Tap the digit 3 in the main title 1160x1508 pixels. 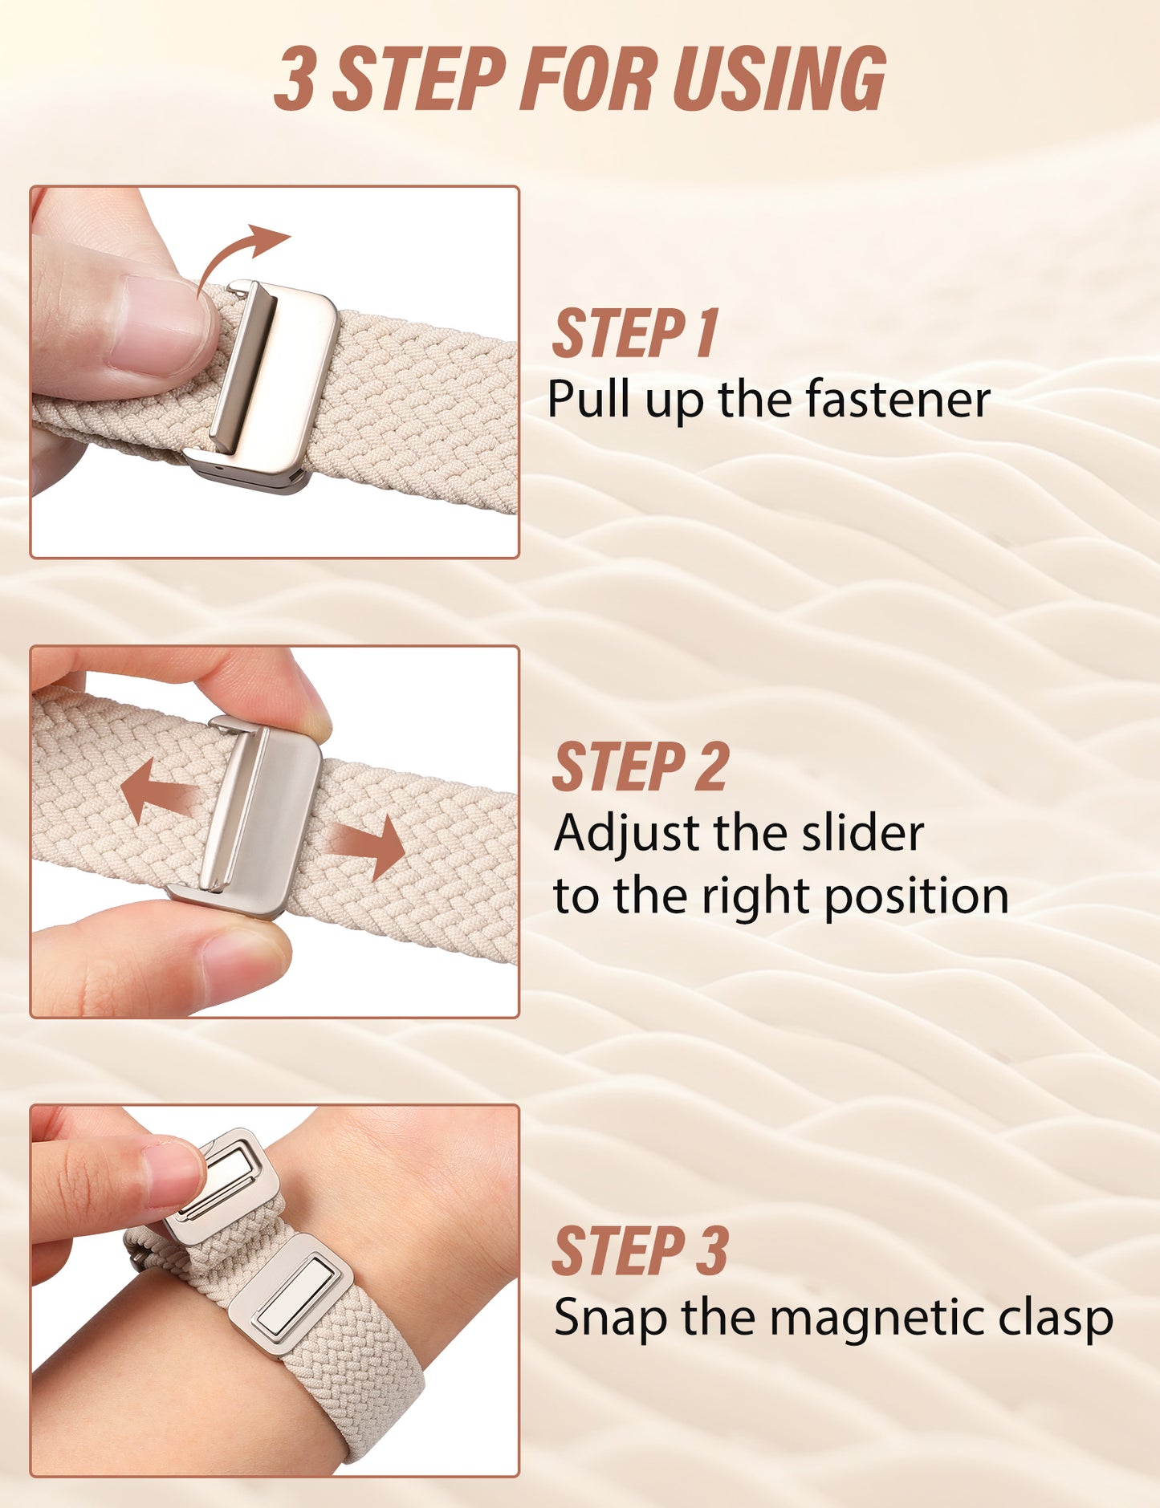(x=294, y=78)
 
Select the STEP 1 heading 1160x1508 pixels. (x=635, y=333)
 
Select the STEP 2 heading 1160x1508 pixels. (x=640, y=766)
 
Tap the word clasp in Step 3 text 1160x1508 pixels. (x=1055, y=1318)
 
